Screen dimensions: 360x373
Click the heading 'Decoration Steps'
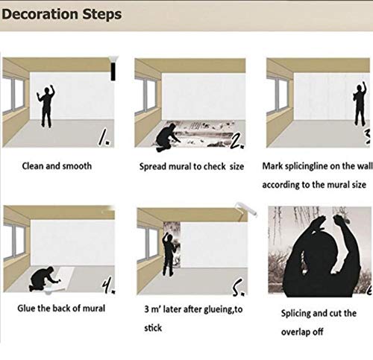(x=61, y=14)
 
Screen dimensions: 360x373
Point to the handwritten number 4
(x=107, y=284)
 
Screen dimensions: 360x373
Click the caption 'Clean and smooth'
(x=56, y=165)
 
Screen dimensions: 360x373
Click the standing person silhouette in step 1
(x=47, y=108)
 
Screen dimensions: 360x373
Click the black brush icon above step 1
(x=115, y=70)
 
